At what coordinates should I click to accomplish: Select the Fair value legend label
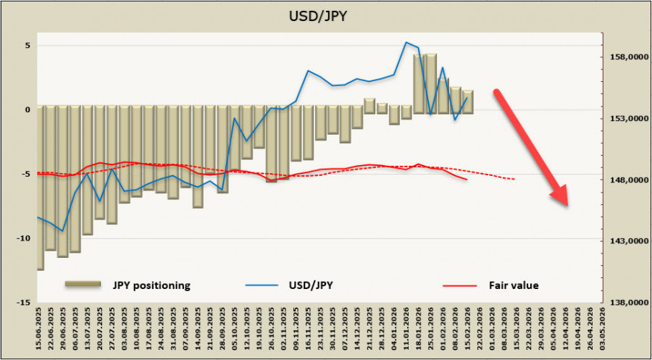pos(514,285)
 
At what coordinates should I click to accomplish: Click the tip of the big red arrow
pos(567,206)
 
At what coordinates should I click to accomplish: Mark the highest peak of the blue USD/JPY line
pos(406,42)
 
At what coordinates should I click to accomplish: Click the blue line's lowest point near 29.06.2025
pos(63,231)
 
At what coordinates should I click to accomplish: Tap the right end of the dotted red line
pos(515,179)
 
